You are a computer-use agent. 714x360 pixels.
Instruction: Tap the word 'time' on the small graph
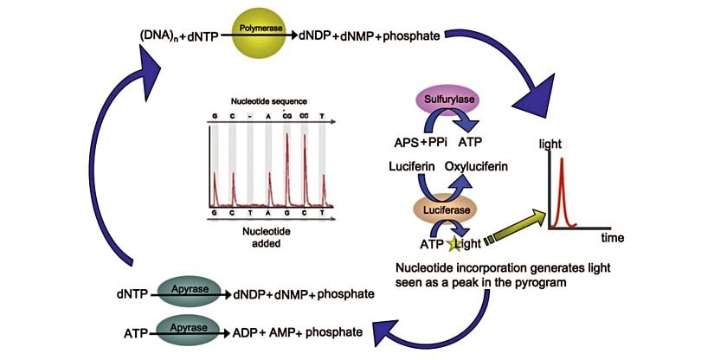tap(614, 237)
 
